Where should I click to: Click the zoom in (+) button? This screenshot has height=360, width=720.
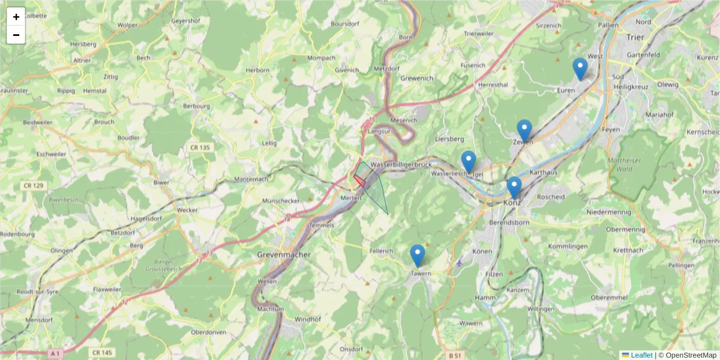(x=16, y=17)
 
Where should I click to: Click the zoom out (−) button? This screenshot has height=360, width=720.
(x=16, y=35)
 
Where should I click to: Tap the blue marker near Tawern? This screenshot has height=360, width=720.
(x=418, y=256)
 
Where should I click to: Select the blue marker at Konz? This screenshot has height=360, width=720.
(x=514, y=187)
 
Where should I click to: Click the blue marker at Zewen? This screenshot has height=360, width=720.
(x=524, y=131)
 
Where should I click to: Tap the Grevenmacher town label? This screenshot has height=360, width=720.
(x=284, y=254)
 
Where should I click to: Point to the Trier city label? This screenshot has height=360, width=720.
(x=634, y=37)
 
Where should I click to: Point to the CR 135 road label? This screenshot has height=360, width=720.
(x=200, y=148)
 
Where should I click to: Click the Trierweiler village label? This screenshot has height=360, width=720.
(x=478, y=34)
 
